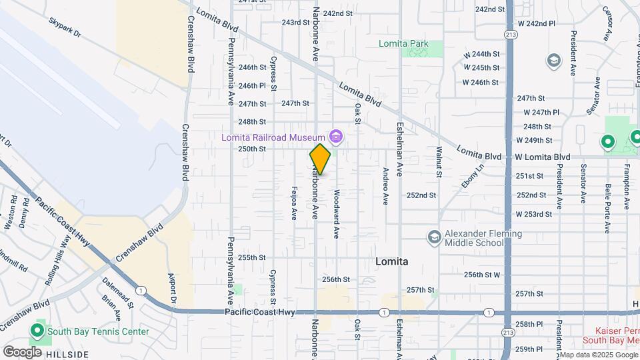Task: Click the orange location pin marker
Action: pos(320,159)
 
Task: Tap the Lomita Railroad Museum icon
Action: pos(336,137)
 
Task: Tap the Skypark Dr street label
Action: pos(64,27)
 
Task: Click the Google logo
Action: pos(22,352)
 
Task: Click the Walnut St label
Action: pos(439,162)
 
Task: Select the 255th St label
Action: pos(253,257)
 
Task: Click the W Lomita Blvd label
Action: pos(543,157)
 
